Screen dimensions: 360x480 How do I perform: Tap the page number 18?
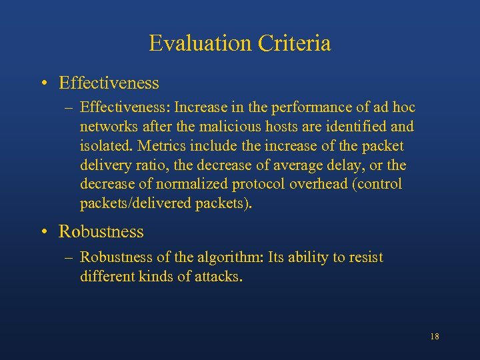435,337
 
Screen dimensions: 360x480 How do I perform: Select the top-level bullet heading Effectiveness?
109,83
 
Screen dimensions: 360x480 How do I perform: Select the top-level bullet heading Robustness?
101,232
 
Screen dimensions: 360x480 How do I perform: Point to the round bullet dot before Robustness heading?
44,233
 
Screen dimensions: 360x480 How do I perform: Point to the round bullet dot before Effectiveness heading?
44,84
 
